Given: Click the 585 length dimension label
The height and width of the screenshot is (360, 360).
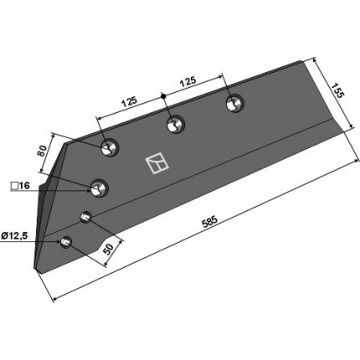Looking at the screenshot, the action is pos(209,222).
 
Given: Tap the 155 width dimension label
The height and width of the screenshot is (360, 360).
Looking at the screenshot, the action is pos(337,90).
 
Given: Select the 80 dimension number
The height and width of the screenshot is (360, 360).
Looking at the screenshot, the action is pos(42,151).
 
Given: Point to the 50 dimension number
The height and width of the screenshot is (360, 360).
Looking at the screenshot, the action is pos(108,249).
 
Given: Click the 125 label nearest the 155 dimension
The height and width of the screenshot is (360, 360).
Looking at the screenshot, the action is pos(188,81).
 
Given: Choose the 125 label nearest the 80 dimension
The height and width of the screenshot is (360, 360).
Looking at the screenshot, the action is pos(129,102).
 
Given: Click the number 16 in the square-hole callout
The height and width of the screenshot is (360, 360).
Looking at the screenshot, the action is pos(24,185).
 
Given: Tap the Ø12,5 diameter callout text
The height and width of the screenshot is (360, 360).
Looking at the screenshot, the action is pos(14,236).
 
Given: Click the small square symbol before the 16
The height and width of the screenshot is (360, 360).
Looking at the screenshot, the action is pos(14,186).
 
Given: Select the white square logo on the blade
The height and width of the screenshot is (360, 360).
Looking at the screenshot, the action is pos(157,164).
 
